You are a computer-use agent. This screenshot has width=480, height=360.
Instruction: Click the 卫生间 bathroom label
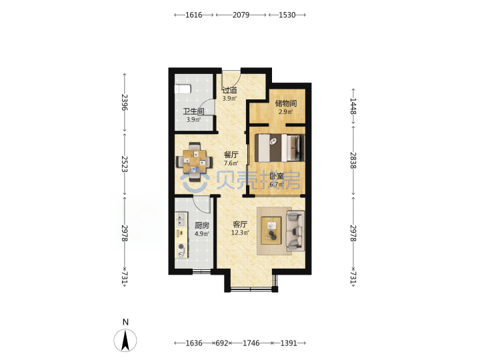[x=193, y=111]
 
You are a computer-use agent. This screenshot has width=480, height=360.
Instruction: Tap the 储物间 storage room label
[x=285, y=103]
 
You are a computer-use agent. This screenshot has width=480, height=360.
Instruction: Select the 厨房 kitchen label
[x=202, y=225]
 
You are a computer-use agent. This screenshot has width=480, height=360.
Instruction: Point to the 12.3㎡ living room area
[x=240, y=233]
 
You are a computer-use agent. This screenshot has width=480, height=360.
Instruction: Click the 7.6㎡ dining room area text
[x=231, y=163]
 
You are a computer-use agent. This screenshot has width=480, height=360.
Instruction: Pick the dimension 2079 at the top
[x=241, y=15]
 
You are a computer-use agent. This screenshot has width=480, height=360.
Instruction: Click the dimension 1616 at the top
[x=194, y=15]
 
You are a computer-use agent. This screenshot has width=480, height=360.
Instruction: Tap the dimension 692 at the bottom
[x=222, y=343]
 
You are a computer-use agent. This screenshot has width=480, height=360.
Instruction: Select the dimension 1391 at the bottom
[x=289, y=343]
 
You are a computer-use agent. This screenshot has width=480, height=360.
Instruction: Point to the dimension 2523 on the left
[x=125, y=164]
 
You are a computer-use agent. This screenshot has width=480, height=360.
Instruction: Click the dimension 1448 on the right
[x=353, y=106]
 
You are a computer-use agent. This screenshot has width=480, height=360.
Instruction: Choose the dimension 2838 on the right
[x=353, y=161]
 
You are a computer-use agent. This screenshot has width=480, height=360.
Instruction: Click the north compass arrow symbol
[x=125, y=340]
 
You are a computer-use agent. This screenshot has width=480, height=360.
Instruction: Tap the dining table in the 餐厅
[x=195, y=161]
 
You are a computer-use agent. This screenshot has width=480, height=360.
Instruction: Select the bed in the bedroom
[x=280, y=148]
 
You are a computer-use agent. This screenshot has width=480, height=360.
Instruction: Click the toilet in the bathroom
[x=183, y=89]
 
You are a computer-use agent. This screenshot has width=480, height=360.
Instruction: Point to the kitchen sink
[x=181, y=220]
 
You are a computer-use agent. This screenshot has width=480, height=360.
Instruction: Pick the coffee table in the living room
[x=271, y=231]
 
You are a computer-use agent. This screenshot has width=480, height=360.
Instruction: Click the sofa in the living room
[x=295, y=230]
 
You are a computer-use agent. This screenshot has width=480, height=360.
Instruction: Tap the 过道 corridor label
[x=229, y=90]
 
